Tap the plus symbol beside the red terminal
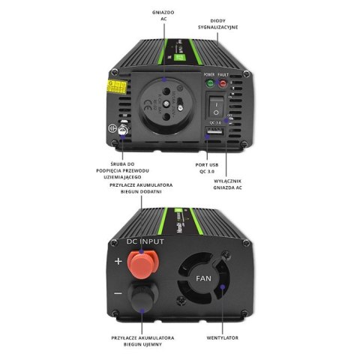[x=118, y=262]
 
